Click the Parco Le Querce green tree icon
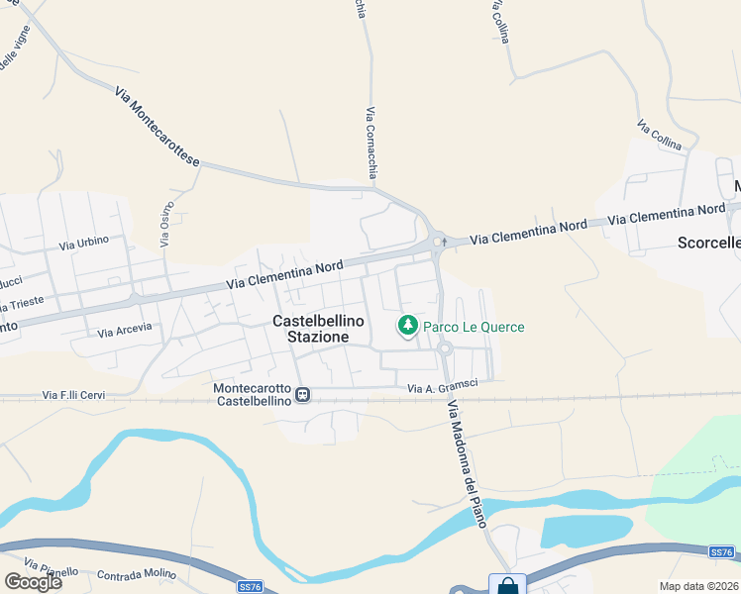[x=407, y=325]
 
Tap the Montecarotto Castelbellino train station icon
[x=303, y=395]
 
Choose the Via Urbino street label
[x=84, y=243]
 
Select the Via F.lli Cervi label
[x=73, y=395]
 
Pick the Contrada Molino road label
[x=137, y=574]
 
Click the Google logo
[x=33, y=581]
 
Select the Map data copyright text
[x=698, y=586]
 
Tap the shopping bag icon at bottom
[x=507, y=585]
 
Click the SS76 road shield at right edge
[x=722, y=551]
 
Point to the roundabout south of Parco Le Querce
[x=445, y=347]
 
